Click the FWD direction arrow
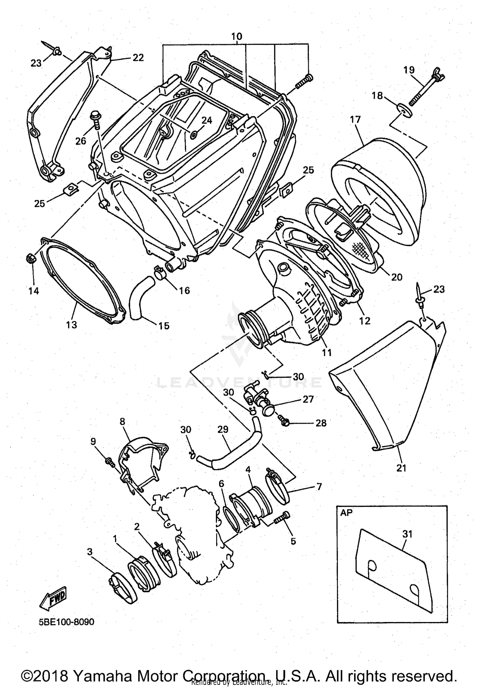coord(53,598)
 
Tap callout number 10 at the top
coord(237,36)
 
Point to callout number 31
coord(407,534)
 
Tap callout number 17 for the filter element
coord(355,120)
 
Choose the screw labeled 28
coord(283,421)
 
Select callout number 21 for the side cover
coord(401,468)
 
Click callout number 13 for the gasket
coord(72,325)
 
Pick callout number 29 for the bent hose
coord(223,429)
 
